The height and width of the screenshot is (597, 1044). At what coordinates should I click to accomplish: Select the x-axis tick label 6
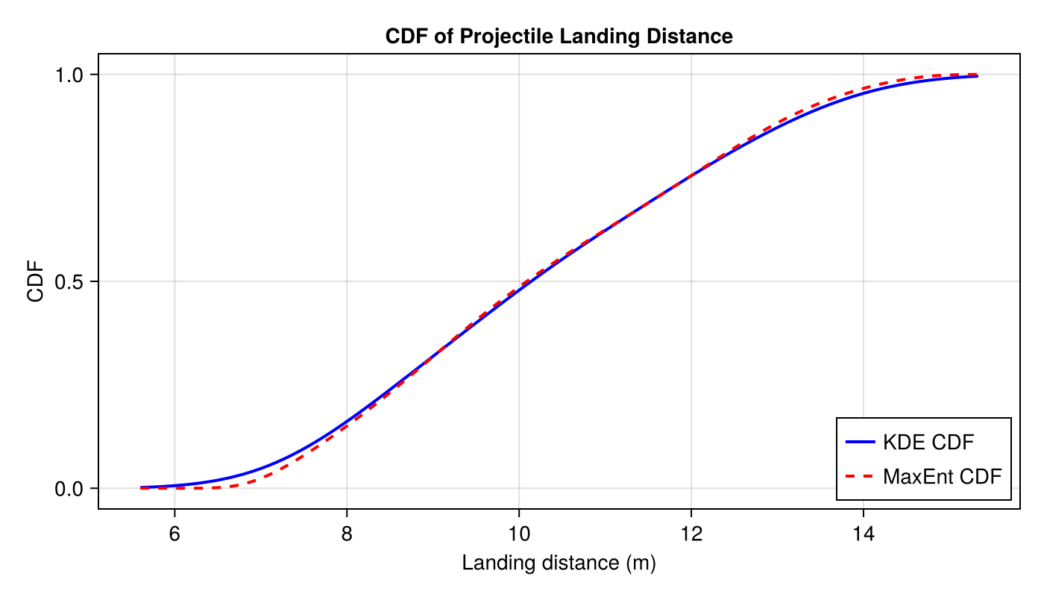(174, 534)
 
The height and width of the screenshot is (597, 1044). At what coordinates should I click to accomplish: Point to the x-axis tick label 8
(347, 534)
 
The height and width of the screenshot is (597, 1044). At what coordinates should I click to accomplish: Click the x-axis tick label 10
(519, 534)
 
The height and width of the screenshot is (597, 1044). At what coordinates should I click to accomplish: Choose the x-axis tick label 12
(691, 534)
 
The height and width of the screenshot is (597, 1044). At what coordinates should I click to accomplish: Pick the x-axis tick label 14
(864, 534)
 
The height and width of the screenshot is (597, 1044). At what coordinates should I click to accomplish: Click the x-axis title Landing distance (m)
(559, 563)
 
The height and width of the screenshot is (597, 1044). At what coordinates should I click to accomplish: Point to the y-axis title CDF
(35, 281)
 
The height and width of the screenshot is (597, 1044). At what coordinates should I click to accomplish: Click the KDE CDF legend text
(928, 443)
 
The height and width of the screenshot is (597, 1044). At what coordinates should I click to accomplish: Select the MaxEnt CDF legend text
(942, 476)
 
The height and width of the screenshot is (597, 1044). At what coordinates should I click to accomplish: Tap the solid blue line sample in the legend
(859, 443)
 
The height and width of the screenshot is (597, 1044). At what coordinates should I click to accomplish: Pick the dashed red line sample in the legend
(859, 476)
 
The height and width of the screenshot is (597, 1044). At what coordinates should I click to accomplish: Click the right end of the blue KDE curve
(977, 76)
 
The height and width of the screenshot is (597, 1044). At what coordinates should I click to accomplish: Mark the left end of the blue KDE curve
(141, 487)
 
